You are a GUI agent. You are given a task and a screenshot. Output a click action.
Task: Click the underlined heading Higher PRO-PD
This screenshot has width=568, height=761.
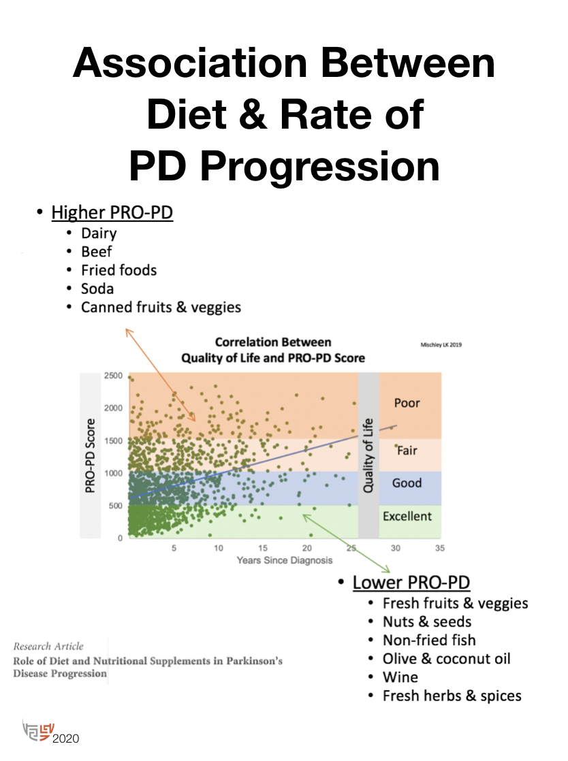click(112, 213)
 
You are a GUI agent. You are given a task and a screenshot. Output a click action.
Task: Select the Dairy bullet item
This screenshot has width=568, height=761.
click(99, 233)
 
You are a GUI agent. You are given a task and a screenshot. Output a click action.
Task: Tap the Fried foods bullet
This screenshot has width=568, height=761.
click(119, 270)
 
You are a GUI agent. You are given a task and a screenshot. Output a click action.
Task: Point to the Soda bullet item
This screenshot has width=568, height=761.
click(97, 289)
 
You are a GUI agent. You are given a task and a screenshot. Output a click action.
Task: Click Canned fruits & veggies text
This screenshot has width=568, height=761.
click(161, 307)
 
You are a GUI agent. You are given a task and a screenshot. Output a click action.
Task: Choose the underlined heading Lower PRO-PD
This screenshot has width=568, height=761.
click(411, 583)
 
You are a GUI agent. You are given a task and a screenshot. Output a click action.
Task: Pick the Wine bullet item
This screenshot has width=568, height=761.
click(400, 677)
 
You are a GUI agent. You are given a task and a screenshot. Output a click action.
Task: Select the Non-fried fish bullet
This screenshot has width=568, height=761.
click(429, 640)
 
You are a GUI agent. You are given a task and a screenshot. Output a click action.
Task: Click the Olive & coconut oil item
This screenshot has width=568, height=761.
click(446, 659)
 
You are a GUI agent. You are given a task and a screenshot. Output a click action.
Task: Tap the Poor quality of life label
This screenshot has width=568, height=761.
click(407, 403)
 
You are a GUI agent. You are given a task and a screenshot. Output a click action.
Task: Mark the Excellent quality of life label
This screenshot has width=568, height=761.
click(407, 516)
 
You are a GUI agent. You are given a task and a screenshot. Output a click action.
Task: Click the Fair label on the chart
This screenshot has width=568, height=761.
click(407, 450)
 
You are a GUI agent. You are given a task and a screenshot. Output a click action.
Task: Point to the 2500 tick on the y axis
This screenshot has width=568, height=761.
click(113, 376)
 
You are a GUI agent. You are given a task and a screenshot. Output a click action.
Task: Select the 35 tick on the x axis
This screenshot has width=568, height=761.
click(440, 549)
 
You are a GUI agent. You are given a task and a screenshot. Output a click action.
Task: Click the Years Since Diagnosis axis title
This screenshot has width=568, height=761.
click(285, 560)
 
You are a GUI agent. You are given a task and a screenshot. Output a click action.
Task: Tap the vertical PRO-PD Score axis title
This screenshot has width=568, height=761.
click(90, 456)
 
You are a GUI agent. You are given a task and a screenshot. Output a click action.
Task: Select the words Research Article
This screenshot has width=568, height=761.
click(48, 646)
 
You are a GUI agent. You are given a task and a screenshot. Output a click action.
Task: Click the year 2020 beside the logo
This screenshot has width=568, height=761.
click(66, 738)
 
